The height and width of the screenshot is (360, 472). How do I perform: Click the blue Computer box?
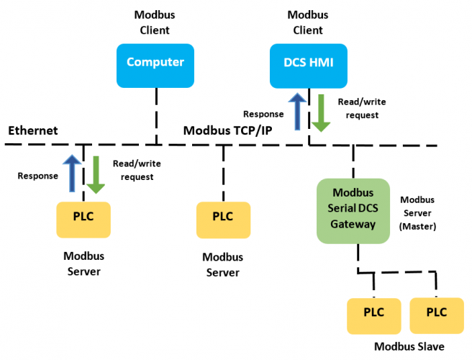pos(155,66)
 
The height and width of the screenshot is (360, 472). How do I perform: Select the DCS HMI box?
pos(309,66)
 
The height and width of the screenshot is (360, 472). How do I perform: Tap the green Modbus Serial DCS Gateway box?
pos(353,211)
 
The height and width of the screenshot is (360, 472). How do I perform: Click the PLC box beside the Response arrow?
pos(83,220)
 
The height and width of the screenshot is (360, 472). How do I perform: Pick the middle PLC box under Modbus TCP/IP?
pos(223,220)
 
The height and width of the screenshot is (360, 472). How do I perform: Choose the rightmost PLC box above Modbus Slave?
pos(437,315)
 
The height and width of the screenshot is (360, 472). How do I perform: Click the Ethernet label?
pos(33,131)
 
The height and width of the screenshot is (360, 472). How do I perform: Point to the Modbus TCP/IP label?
pos(228,131)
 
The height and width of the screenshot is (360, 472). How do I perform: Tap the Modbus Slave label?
pos(409,346)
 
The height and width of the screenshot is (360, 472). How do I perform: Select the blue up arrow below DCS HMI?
pos(297,112)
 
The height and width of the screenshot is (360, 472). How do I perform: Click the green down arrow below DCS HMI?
pos(321,113)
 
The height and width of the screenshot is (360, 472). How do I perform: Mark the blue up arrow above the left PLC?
pos(72,174)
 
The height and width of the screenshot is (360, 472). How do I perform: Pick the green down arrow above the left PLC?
pos(96,175)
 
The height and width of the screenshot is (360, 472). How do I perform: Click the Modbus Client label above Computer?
pos(155,22)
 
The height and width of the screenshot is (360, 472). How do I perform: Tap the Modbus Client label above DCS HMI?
pos(308,22)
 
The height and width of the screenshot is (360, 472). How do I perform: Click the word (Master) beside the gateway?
pos(417,227)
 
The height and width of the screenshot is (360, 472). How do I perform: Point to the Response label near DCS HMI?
pos(263,114)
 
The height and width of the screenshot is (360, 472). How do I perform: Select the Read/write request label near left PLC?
pos(137,170)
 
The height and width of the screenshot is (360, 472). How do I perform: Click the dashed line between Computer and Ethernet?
pos(156,117)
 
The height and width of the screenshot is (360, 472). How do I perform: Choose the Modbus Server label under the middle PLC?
pos(223,265)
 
